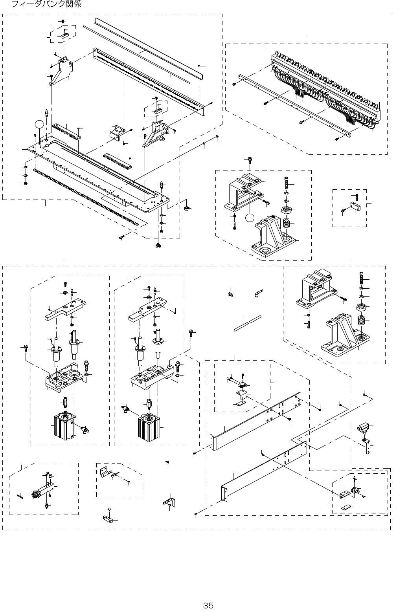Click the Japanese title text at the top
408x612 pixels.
(x=46, y=4)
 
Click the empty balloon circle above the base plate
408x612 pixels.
(x=39, y=125)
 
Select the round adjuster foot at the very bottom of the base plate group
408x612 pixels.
(x=159, y=246)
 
